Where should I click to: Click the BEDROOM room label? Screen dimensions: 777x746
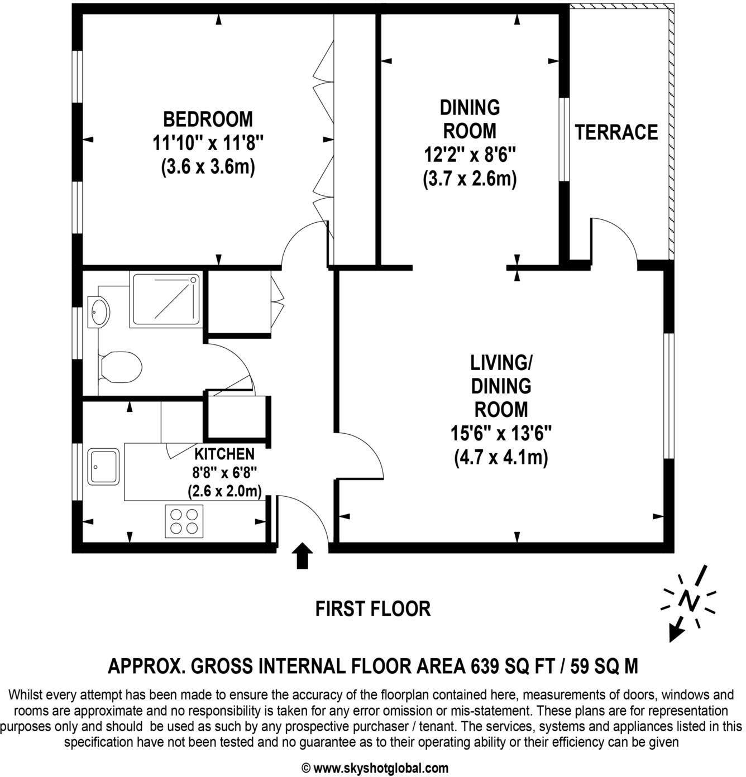[x=208, y=119]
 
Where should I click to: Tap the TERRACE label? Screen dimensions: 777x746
[x=616, y=133]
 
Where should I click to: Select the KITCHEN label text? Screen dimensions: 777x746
[x=224, y=454]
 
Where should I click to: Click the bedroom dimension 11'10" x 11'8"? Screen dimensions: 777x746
[x=208, y=143]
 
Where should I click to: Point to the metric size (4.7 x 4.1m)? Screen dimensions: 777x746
[x=501, y=457]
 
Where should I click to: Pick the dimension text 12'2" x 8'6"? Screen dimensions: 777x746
[x=469, y=155]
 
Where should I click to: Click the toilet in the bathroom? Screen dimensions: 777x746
[x=119, y=367]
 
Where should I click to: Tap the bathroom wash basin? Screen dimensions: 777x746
[x=99, y=311]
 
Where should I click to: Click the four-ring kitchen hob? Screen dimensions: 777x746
[x=184, y=521]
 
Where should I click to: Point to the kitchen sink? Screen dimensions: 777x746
[x=103, y=467]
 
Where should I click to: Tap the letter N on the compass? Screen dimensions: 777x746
[x=689, y=601]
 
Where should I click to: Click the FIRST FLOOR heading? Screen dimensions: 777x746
[x=373, y=608]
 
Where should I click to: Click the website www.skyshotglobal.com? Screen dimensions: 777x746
[x=380, y=768]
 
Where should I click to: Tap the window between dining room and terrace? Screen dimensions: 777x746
[x=565, y=140]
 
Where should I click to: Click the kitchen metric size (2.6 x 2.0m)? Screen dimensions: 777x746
[x=224, y=491]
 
